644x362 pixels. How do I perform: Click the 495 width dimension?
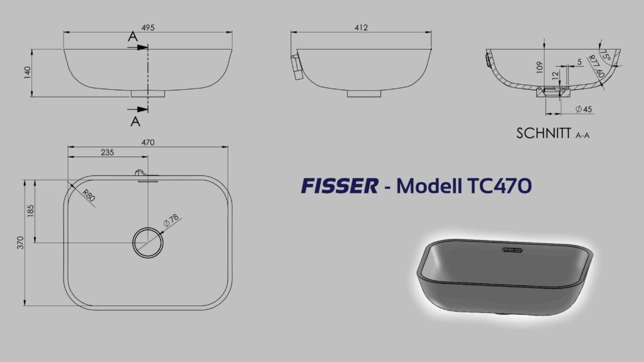(148, 28)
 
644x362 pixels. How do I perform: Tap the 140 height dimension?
(28, 73)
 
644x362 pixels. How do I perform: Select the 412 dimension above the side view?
(361, 28)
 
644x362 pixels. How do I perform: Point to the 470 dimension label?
(148, 143)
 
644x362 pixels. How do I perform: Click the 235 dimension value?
(107, 152)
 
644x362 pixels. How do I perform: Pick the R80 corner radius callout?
(89, 195)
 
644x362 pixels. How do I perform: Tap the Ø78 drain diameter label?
(171, 221)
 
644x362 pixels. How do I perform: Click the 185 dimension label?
(30, 211)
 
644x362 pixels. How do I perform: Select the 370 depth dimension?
(21, 243)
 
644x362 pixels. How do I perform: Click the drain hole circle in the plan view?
(148, 228)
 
